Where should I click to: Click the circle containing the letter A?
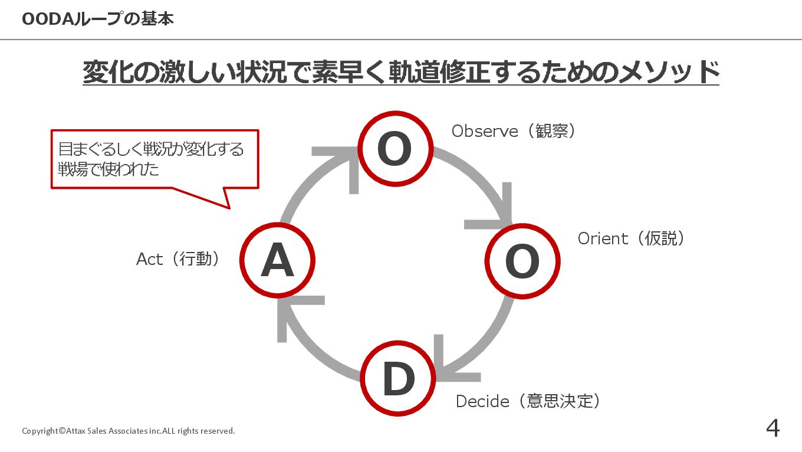pyautogui.click(x=278, y=260)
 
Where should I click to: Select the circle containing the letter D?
pyautogui.click(x=398, y=379)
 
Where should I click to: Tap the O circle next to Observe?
pyautogui.click(x=395, y=149)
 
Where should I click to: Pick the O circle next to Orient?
pyautogui.click(x=522, y=261)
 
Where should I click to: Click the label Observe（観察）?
pyautogui.click(x=514, y=131)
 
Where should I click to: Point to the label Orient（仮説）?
pyautogui.click(x=632, y=238)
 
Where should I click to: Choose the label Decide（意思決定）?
pyautogui.click(x=529, y=401)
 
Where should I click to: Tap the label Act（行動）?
pyautogui.click(x=179, y=258)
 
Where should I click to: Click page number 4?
pyautogui.click(x=773, y=428)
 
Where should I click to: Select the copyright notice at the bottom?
pyautogui.click(x=129, y=431)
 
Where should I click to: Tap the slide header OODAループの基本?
pyautogui.click(x=98, y=19)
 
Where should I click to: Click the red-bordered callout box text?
pyautogui.click(x=150, y=159)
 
